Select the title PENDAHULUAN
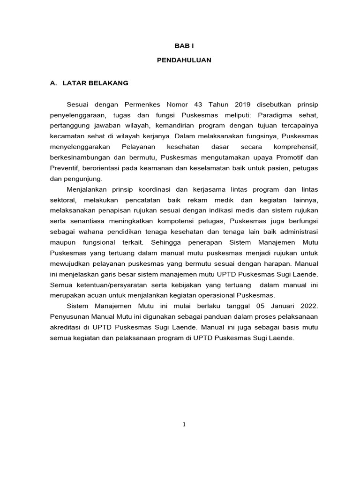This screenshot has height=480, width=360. point(184,60)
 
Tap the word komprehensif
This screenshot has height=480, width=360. point(295,147)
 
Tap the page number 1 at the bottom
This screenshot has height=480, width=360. point(184,425)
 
